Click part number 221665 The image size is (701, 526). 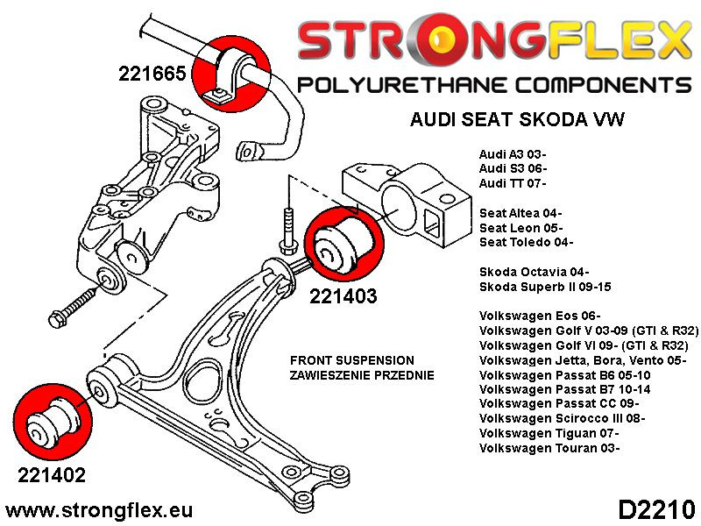click(152, 74)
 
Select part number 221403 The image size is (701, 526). click(343, 296)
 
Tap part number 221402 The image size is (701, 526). click(52, 476)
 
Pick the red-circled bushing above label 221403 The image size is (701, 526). click(343, 244)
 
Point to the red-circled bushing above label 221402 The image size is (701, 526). click(52, 417)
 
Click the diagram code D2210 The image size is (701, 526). click(656, 508)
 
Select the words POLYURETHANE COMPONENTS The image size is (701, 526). click(494, 86)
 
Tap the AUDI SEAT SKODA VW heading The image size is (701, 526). click(517, 120)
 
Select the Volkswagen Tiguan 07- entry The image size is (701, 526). click(549, 434)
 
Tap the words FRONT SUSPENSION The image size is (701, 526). click(351, 360)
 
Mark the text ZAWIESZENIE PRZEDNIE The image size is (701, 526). click(361, 375)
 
